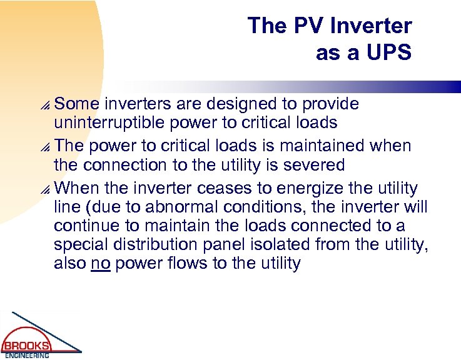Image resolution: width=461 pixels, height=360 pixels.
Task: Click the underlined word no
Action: (100, 263)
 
